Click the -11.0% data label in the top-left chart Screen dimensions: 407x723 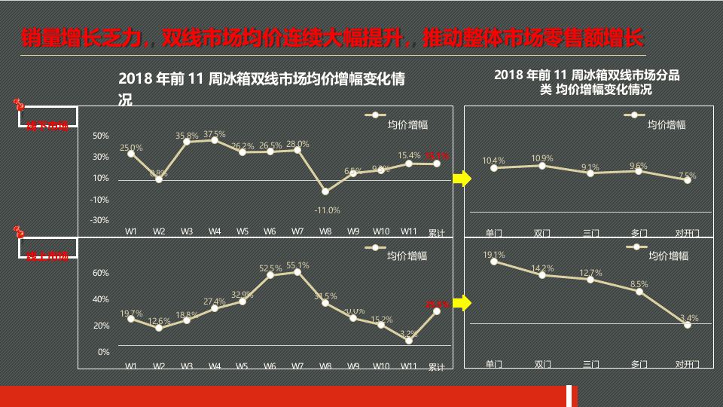pyautogui.click(x=327, y=210)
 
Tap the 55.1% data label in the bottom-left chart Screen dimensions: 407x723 pyautogui.click(x=297, y=265)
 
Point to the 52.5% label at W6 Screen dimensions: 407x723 pyautogui.click(x=270, y=268)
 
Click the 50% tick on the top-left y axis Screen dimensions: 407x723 pyautogui.click(x=101, y=136)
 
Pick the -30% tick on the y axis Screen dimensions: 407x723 pyautogui.click(x=100, y=220)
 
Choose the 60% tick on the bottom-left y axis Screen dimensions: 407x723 pyautogui.click(x=101, y=273)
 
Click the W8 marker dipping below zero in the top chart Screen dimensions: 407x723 pyautogui.click(x=325, y=191)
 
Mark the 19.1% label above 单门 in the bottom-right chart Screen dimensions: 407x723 pyautogui.click(x=494, y=255)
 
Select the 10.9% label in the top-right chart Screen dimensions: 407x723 pyautogui.click(x=541, y=158)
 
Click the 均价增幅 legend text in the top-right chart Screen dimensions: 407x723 pyautogui.click(x=667, y=124)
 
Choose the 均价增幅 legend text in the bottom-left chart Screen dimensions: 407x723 pyautogui.click(x=407, y=256)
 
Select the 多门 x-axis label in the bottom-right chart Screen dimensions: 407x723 pyautogui.click(x=639, y=364)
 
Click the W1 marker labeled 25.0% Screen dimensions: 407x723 pyautogui.click(x=131, y=154)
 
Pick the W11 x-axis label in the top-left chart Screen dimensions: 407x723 pyautogui.click(x=409, y=231)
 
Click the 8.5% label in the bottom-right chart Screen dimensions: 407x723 pyautogui.click(x=639, y=284)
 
